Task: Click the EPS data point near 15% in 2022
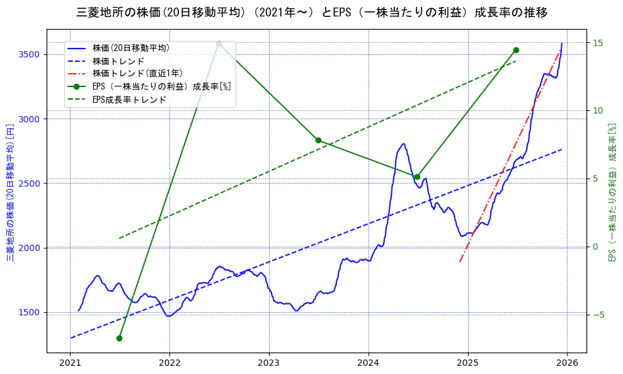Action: click(x=219, y=44)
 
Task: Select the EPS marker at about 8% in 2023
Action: click(x=318, y=140)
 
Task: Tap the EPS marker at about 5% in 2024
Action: click(x=417, y=177)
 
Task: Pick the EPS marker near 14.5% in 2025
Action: click(x=516, y=50)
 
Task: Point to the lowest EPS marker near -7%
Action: click(x=119, y=338)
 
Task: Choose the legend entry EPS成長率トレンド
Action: click(x=129, y=99)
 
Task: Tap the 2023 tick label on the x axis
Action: click(x=269, y=363)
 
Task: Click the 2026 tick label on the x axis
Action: click(x=567, y=363)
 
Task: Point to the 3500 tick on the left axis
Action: click(x=30, y=54)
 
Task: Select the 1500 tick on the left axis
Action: click(x=30, y=312)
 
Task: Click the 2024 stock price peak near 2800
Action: click(x=403, y=144)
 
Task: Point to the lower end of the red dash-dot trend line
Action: click(x=460, y=261)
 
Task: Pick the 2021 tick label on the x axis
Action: click(x=70, y=363)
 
